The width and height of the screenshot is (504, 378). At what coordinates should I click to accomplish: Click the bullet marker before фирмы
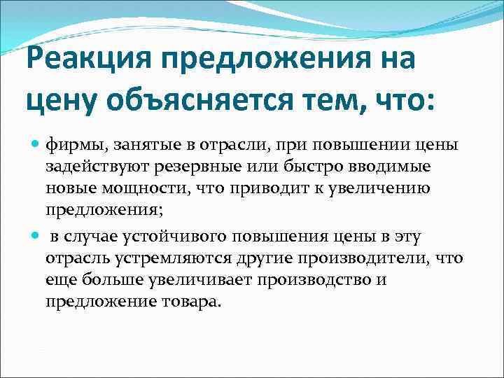pyautogui.click(x=36, y=145)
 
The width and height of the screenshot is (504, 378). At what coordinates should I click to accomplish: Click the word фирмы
pyautogui.click(x=73, y=145)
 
